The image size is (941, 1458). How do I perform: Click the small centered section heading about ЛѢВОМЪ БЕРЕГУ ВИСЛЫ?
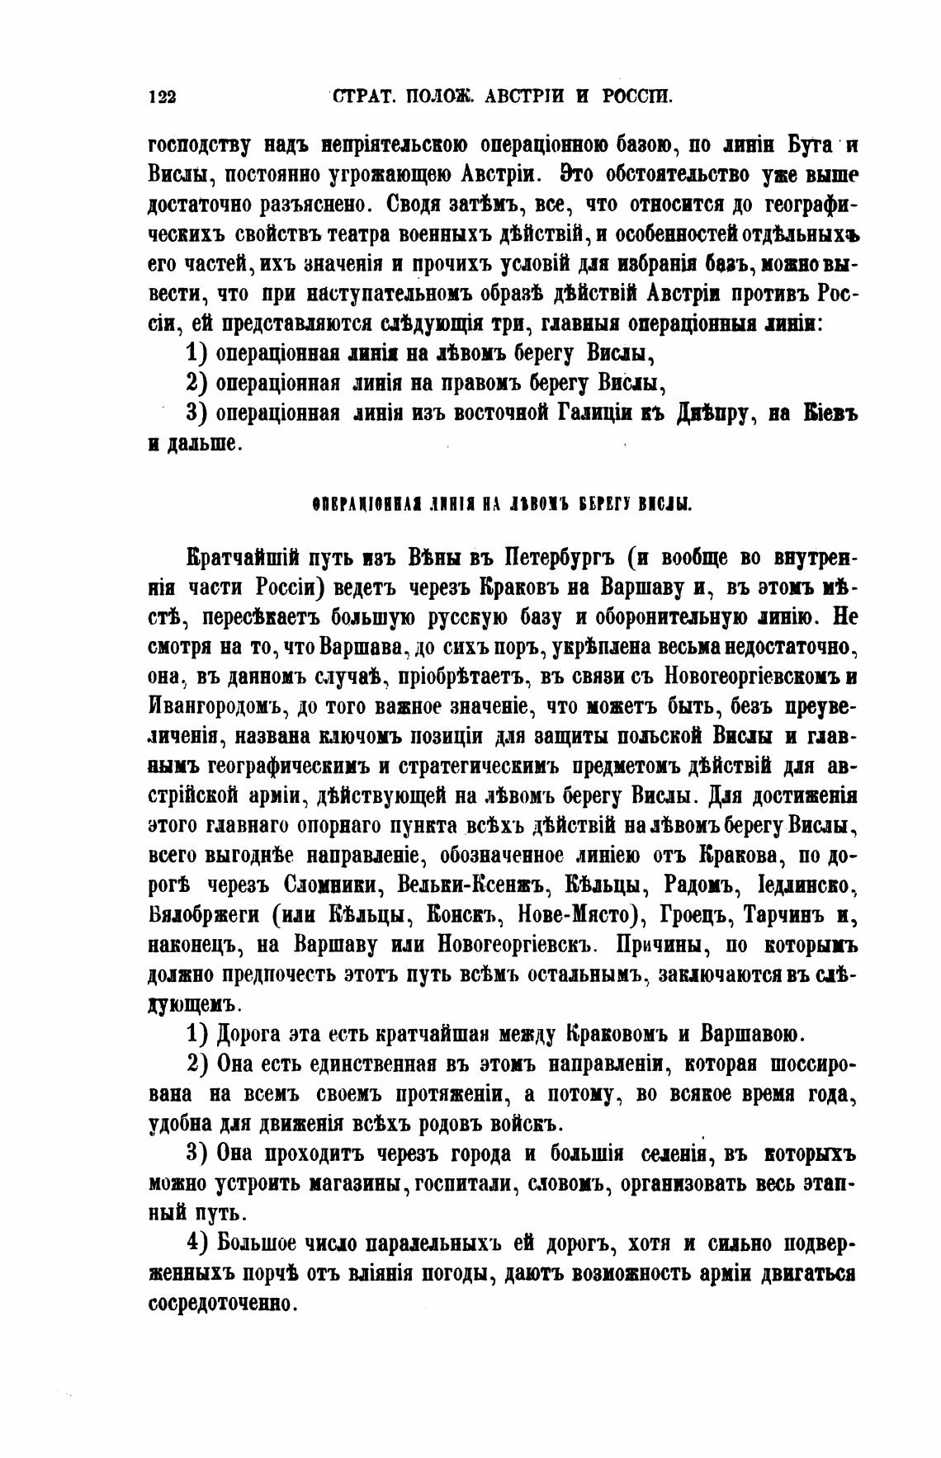(501, 503)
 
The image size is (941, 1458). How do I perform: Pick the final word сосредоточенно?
(221, 1304)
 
